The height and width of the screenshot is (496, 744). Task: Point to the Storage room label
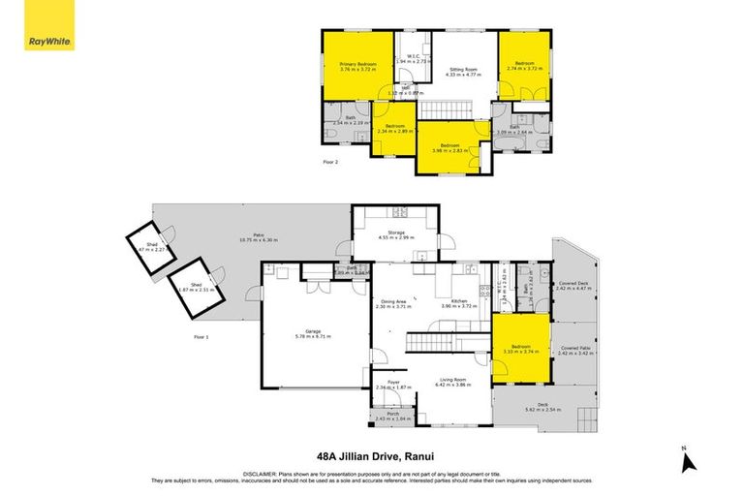tap(395, 234)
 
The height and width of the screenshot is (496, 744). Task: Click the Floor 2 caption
tap(330, 161)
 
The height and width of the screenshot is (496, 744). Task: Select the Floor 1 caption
tap(201, 336)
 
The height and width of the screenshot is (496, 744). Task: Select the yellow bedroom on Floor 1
tap(521, 350)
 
